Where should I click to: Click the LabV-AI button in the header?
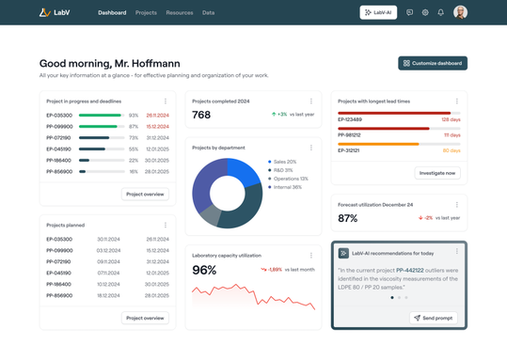378,12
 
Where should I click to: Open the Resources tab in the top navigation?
179,13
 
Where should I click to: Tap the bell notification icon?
440,13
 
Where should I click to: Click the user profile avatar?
460,12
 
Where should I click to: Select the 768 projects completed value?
201,115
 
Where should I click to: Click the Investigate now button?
437,173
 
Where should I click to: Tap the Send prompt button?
434,318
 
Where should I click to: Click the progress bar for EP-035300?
101,116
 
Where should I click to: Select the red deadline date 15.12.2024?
157,127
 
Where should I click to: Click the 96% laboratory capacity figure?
204,270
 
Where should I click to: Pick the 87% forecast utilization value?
348,218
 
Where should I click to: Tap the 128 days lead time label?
451,120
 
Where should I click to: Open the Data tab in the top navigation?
208,13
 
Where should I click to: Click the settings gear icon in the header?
425,13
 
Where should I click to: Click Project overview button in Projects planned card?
145,318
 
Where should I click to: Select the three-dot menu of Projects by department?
311,148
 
